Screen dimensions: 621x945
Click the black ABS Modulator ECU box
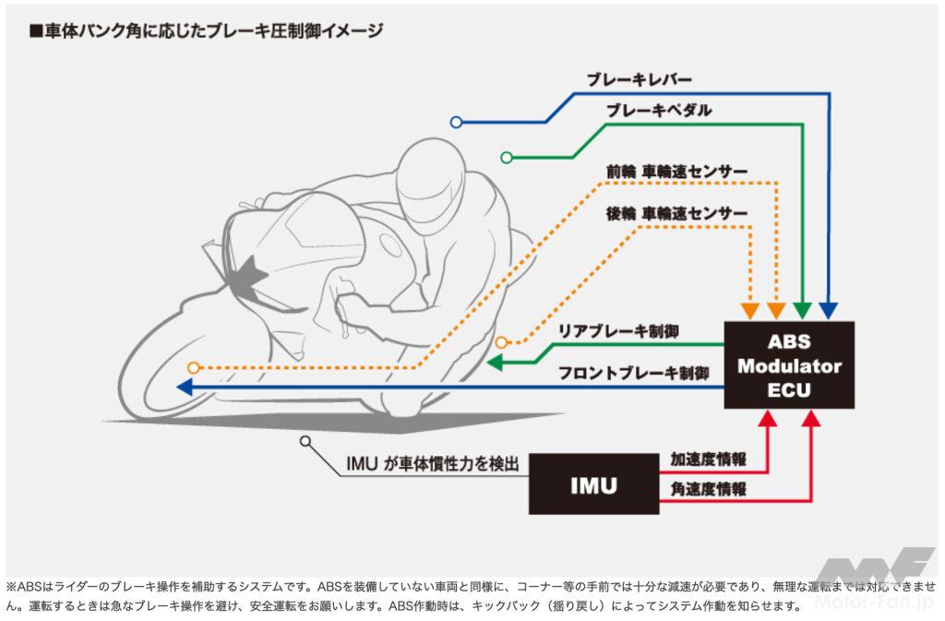[x=788, y=364]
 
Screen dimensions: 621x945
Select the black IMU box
[x=594, y=484]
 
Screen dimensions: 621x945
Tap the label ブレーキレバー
[x=639, y=80]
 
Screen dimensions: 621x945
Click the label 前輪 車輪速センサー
[x=676, y=172]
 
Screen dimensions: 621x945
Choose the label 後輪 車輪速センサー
[x=676, y=213]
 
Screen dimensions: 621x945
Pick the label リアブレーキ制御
[x=618, y=330]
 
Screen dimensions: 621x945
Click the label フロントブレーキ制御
[x=634, y=374]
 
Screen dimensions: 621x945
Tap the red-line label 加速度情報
[x=709, y=459]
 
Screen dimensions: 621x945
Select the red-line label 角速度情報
[x=709, y=489]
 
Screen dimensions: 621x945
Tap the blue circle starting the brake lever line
[x=456, y=122]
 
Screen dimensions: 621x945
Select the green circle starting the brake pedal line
[x=506, y=158]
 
